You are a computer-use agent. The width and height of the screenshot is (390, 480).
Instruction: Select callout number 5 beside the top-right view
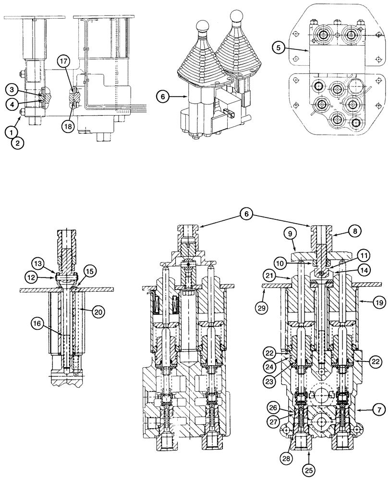pos(277,48)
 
